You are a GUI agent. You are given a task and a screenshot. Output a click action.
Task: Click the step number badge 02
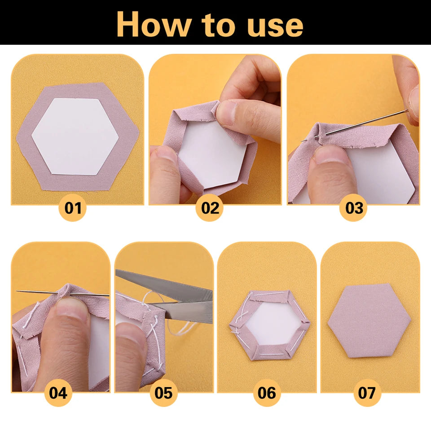pos(210,208)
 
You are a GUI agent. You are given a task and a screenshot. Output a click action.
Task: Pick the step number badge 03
pos(353,208)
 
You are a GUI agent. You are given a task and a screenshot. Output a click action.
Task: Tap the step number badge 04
pos(58,393)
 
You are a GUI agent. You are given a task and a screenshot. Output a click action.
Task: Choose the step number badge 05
pos(163,393)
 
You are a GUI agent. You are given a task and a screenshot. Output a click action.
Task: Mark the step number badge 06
pos(266,393)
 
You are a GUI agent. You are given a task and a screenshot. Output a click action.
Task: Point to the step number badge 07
pos(366,393)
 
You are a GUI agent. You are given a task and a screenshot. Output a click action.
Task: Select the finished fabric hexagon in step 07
pos(369,320)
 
